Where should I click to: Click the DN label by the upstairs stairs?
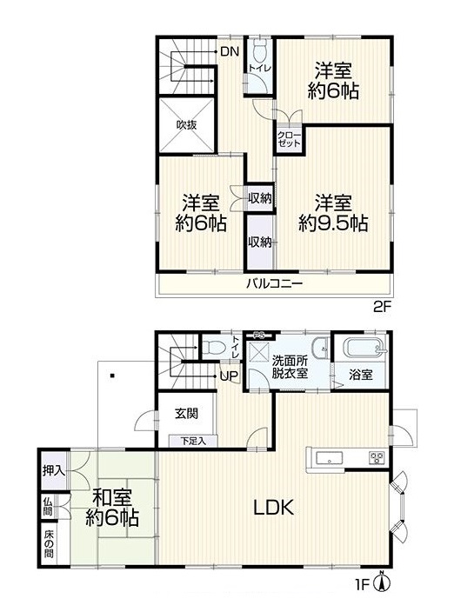point(230,51)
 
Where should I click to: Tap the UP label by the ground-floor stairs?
point(229,376)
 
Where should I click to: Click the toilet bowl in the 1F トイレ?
point(213,347)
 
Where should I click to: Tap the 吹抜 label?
point(186,124)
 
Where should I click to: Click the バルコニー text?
point(275,284)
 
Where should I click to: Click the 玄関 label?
point(187,413)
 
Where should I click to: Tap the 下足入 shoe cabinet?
point(193,441)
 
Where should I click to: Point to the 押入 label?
point(54,471)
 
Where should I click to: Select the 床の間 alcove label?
point(49,544)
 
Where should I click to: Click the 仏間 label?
point(48,506)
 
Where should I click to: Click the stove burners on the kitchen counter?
point(377,458)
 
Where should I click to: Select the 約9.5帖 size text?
point(333,223)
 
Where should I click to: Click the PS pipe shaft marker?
point(258,335)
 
